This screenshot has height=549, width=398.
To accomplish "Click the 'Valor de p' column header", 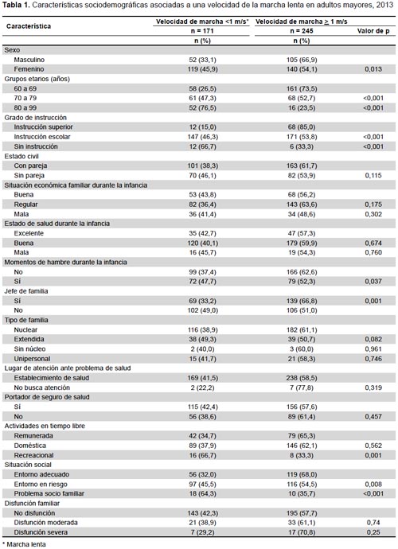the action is [x=373, y=31].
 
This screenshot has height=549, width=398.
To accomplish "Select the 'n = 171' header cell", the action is [x=202, y=31].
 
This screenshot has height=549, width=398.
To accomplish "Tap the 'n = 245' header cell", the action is [x=302, y=31].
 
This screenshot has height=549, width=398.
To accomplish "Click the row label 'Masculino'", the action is [x=29, y=60].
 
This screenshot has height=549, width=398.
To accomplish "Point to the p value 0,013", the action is [x=373, y=69].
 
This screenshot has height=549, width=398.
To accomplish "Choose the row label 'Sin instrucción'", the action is [x=36, y=146].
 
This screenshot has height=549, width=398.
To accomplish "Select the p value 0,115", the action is [x=373, y=176].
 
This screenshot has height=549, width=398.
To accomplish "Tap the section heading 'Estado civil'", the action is [x=21, y=156].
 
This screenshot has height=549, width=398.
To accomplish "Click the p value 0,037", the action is [x=373, y=282].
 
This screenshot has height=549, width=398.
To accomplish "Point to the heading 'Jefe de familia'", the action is [x=26, y=291].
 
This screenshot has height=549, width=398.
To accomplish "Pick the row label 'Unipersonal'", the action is [x=32, y=359].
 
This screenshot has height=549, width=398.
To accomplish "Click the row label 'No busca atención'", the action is [x=41, y=388].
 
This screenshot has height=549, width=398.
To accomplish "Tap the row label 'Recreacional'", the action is [x=33, y=456].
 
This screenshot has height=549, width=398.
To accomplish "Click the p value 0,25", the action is [x=373, y=532].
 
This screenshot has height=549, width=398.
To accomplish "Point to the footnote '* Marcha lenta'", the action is [x=24, y=544].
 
